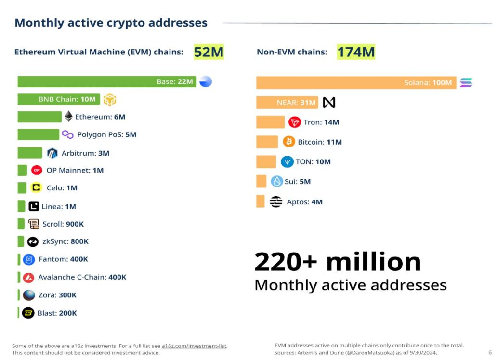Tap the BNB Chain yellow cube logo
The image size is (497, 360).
110,100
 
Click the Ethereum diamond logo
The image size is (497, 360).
69,117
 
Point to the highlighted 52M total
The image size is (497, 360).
209,52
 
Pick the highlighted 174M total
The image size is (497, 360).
355,52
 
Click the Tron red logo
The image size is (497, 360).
295,122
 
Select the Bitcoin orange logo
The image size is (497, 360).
289,142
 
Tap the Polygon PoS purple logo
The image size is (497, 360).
68,134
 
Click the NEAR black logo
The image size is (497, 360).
329,103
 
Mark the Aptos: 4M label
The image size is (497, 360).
304,202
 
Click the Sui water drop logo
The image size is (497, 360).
277,182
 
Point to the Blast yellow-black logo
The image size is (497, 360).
28,313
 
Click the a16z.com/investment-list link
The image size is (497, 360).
194,346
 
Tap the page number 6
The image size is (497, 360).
490,352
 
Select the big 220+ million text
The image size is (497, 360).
337,262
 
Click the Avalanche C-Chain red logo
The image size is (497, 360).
29,277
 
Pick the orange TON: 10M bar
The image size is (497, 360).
266,161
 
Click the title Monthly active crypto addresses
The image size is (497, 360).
111,23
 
